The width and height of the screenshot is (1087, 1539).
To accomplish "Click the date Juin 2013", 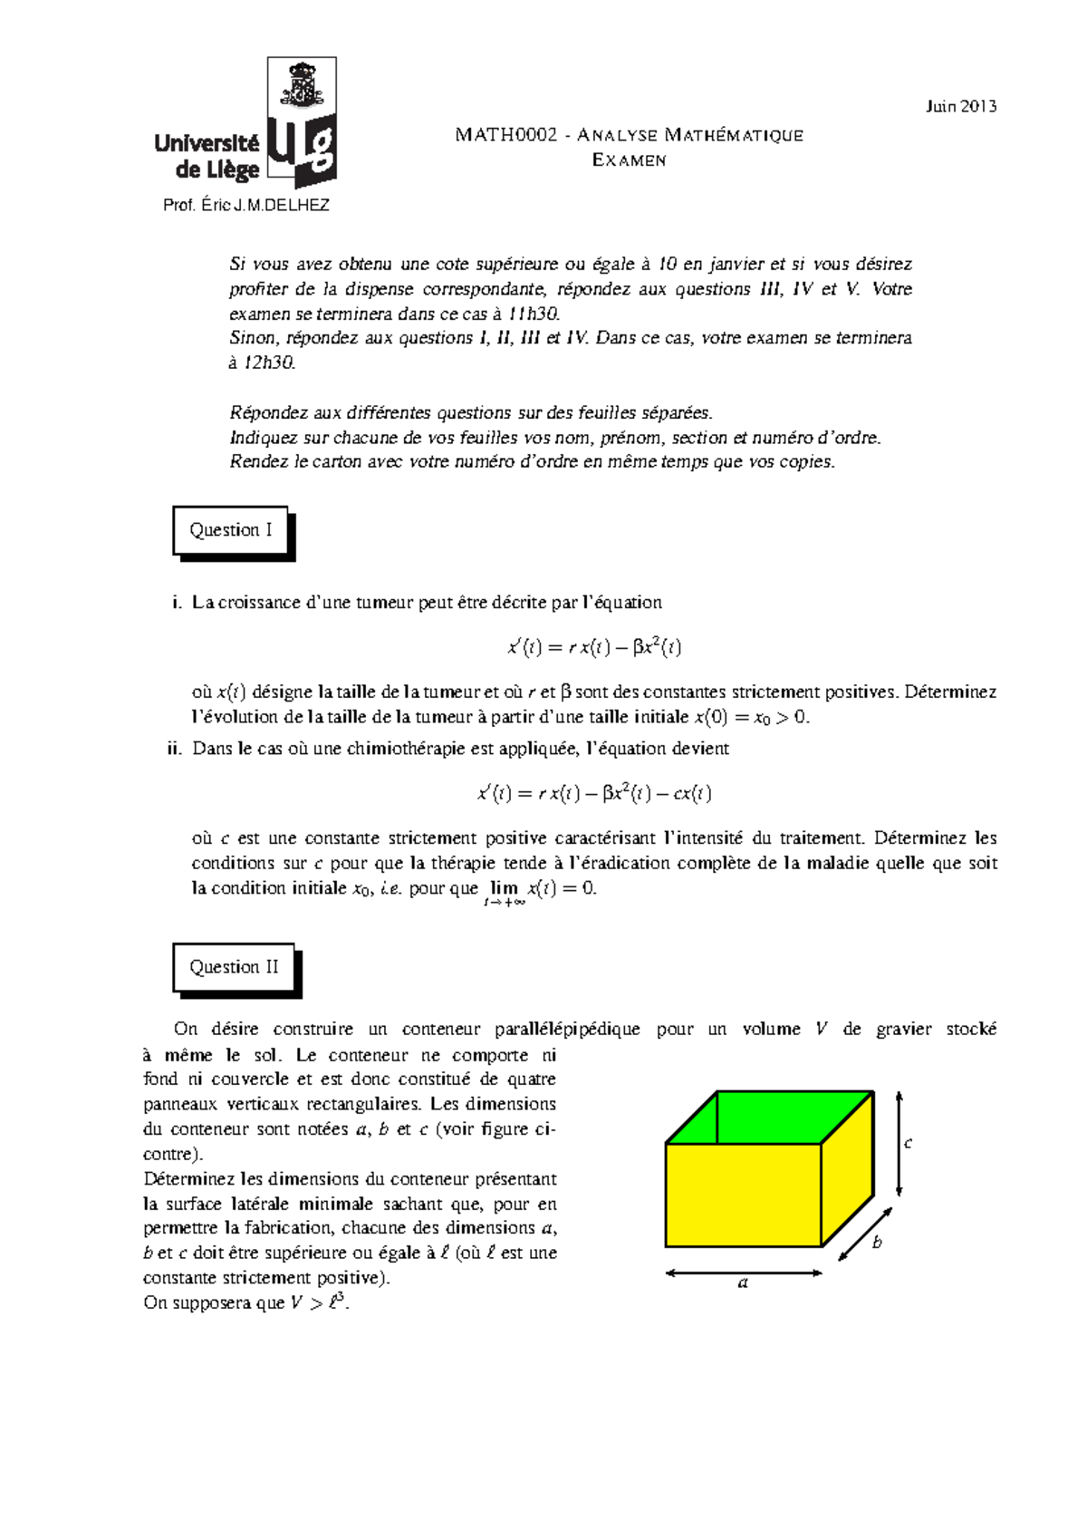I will pos(960,106).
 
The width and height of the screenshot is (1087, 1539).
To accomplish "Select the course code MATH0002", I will pos(505,135).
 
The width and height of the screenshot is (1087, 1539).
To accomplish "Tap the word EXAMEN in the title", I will pos(629,160).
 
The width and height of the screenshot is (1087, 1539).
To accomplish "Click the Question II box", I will pos(234,967).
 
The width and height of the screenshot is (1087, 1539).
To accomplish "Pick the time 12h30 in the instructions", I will pos(269,363).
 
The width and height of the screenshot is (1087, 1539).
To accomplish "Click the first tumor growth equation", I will pos(594,647).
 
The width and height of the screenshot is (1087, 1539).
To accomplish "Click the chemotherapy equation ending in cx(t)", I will pos(594,794).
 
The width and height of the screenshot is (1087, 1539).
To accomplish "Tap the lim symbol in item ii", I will pos(503,888).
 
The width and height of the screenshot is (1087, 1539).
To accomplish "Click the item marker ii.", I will pos(175,749).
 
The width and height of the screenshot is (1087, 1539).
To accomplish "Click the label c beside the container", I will pos(908,1143).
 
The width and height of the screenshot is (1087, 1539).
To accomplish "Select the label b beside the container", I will pos(876,1243).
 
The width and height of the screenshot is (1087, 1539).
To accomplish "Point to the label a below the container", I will pos(743,1282).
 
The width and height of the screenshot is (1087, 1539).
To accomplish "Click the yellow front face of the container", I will pos(743,1195).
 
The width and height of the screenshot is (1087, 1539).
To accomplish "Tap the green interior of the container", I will pos(770,1117).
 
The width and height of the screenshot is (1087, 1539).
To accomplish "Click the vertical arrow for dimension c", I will pos(899,1143).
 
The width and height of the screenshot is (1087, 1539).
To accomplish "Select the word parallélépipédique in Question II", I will pos(567,1029).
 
